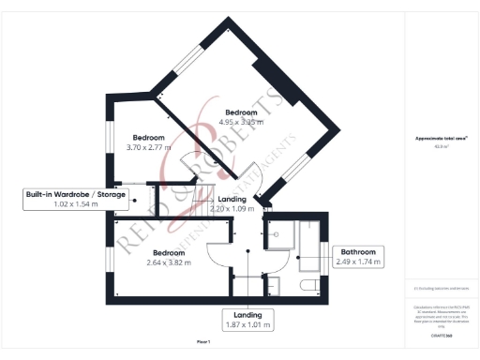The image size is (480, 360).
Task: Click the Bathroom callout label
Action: point(358,251)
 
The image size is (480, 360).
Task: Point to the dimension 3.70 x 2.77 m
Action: point(148,148)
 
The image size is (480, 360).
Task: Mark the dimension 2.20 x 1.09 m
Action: point(232,208)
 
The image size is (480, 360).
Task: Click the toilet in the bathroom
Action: point(307,286)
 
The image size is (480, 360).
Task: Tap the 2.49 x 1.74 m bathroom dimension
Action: point(358,262)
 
